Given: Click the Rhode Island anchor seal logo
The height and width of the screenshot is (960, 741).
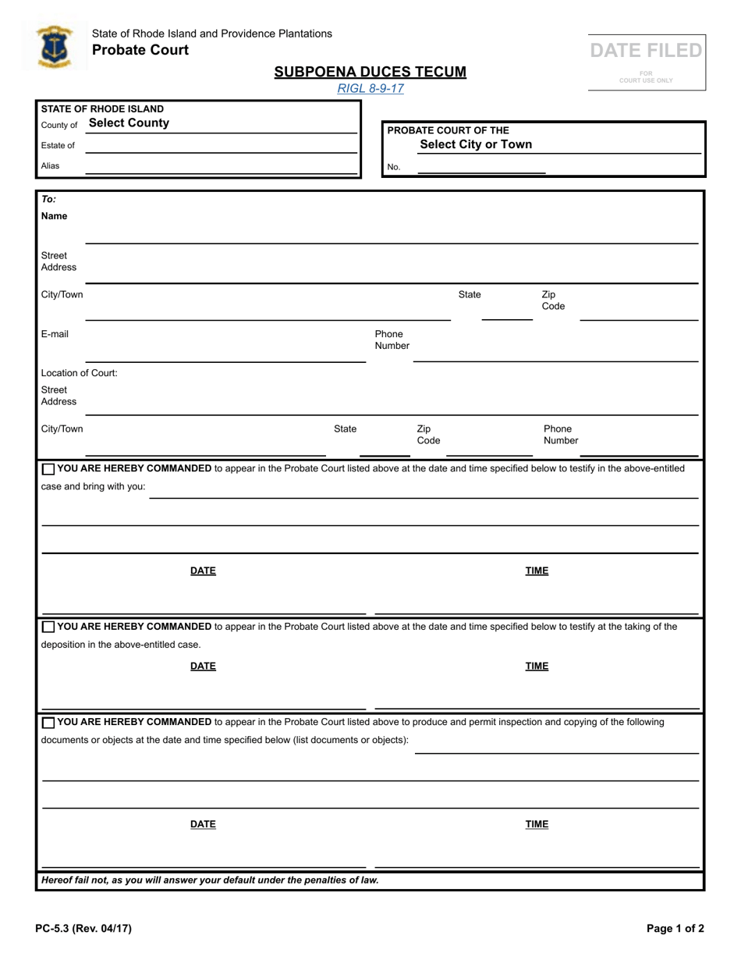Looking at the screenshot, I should (54, 47).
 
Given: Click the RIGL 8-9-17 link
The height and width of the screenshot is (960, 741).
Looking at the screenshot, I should (370, 88).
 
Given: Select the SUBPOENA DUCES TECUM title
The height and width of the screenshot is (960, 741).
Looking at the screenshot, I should (370, 72).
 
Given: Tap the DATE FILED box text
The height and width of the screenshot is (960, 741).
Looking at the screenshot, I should (646, 51).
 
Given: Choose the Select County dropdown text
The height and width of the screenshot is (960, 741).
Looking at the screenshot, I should (129, 123).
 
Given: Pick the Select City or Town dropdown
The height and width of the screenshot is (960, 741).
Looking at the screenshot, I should (476, 144).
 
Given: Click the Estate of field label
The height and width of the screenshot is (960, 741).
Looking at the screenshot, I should (58, 145).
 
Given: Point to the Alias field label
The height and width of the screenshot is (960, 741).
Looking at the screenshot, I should (50, 165).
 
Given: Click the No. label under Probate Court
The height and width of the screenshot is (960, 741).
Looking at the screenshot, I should (394, 166).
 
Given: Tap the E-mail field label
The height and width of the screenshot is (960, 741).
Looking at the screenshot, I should (55, 334).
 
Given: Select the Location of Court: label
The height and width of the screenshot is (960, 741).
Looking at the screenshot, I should (80, 373).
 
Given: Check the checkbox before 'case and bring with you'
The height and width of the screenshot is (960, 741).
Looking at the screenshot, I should (48, 469).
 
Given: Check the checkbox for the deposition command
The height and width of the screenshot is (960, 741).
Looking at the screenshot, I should (48, 627).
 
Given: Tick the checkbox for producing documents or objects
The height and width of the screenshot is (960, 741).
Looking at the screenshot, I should (48, 723).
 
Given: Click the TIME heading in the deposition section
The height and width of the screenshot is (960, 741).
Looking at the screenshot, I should (537, 666).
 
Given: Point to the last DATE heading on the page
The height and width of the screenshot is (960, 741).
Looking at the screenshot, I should (203, 824).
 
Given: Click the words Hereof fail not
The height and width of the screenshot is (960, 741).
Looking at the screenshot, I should (78, 880).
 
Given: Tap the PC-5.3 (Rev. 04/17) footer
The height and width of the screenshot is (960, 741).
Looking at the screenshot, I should (83, 928).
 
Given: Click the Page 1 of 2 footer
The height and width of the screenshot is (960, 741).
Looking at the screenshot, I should (675, 928).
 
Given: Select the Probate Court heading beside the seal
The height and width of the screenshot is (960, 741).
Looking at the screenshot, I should (140, 50).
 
